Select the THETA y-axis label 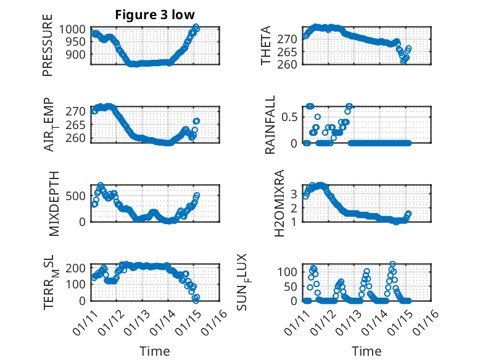pyautogui.click(x=266, y=46)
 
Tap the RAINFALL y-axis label pyautogui.click(x=270, y=124)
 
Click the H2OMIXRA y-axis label pyautogui.click(x=279, y=203)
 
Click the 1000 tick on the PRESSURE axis pyautogui.click(x=75, y=28)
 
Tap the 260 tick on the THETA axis pyautogui.click(x=292, y=64)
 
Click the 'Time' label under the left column pyautogui.click(x=154, y=351)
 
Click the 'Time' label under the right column pyautogui.click(x=366, y=351)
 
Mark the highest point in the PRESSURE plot pyautogui.click(x=196, y=27)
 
